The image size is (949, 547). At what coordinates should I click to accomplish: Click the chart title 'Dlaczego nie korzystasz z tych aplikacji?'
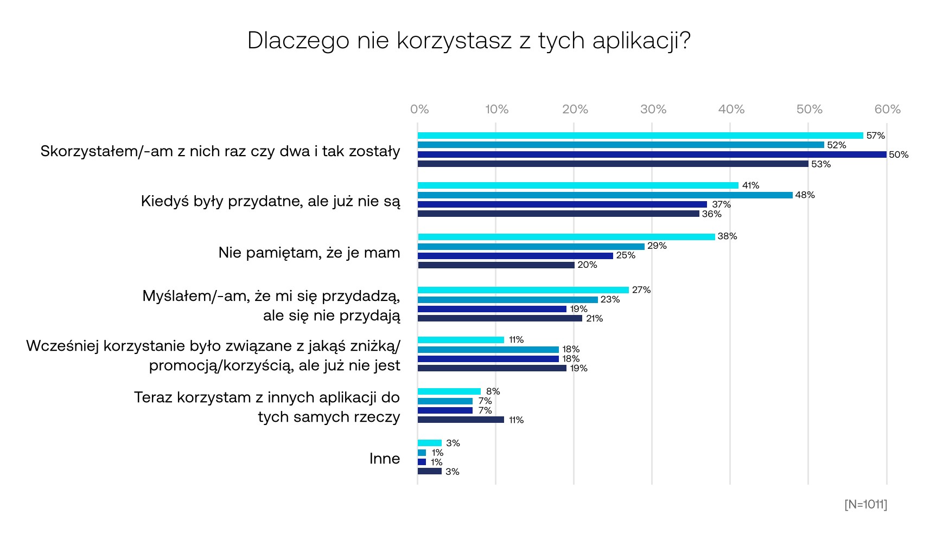pyautogui.click(x=469, y=41)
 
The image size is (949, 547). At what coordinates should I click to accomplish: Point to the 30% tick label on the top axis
pyautogui.click(x=653, y=110)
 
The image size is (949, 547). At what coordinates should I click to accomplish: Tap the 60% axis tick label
pyautogui.click(x=887, y=110)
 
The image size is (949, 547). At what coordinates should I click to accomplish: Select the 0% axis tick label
pyautogui.click(x=419, y=110)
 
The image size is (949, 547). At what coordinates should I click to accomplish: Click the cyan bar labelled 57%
pyautogui.click(x=640, y=136)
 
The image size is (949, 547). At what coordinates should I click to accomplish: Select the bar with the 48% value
pyautogui.click(x=605, y=195)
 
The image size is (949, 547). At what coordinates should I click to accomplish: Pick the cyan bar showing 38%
pyautogui.click(x=566, y=237)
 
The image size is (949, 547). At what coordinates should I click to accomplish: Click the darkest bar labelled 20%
pyautogui.click(x=496, y=265)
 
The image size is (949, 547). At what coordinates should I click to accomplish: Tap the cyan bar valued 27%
pyautogui.click(x=523, y=290)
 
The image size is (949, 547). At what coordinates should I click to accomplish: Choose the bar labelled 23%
pyautogui.click(x=507, y=300)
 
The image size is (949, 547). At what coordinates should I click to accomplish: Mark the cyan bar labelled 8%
pyautogui.click(x=449, y=391)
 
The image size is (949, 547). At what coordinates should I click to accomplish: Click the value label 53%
pyautogui.click(x=820, y=164)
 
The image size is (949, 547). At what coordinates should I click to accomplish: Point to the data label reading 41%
pyautogui.click(x=750, y=185)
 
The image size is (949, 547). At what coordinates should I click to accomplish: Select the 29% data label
pyautogui.click(x=657, y=246)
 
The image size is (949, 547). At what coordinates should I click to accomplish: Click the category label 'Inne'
pyautogui.click(x=385, y=459)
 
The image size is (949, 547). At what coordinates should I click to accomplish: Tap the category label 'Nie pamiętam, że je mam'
pyautogui.click(x=309, y=253)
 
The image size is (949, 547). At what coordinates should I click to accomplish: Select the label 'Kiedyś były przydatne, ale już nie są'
pyautogui.click(x=270, y=201)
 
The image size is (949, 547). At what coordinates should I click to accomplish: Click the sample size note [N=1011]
pyautogui.click(x=865, y=504)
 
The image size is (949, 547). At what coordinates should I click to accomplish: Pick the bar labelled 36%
pyautogui.click(x=558, y=214)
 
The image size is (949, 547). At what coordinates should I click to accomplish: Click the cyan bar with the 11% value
pyautogui.click(x=461, y=340)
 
